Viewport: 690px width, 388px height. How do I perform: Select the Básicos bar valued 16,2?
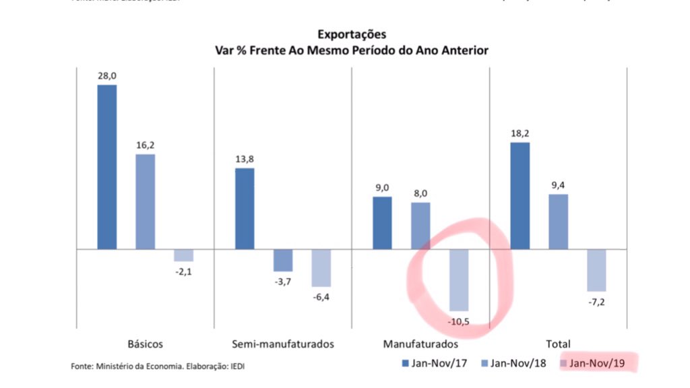(x=145, y=202)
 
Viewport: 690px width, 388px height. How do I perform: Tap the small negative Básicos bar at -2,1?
(x=183, y=255)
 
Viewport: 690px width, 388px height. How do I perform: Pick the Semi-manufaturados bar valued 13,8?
(x=245, y=209)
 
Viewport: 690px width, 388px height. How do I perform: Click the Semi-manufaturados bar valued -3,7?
(x=283, y=260)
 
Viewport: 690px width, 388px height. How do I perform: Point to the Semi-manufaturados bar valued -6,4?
(x=321, y=268)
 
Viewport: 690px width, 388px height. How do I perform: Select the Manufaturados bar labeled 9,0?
(x=382, y=223)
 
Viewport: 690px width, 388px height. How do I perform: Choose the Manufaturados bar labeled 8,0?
(x=420, y=226)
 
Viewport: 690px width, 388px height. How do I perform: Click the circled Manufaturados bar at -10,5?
(x=459, y=280)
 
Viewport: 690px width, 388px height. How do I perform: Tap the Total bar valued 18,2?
(x=520, y=196)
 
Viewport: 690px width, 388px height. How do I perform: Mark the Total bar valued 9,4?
(x=558, y=222)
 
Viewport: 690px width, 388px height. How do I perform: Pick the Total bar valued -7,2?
(x=596, y=270)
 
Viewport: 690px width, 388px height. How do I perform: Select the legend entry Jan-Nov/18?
(x=515, y=364)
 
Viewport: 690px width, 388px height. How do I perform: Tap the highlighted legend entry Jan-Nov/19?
(x=596, y=364)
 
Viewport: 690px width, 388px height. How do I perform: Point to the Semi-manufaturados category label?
(x=283, y=344)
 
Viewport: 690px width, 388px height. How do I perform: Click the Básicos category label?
(x=145, y=344)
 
